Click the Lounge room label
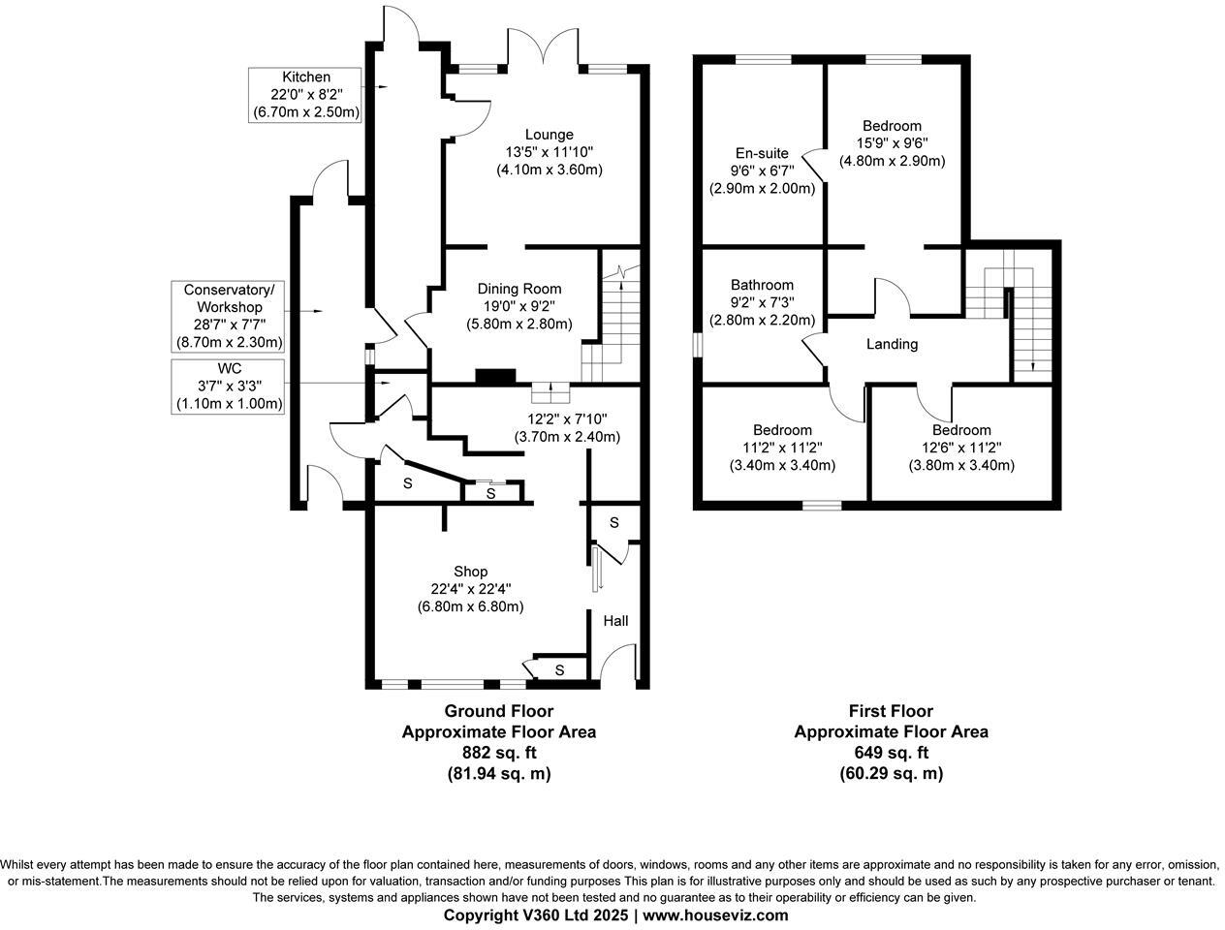[549, 135]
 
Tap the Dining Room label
[518, 289]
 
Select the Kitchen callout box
[305, 94]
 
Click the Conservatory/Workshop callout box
[228, 316]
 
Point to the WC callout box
[229, 386]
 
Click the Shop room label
[470, 572]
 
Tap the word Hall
[616, 620]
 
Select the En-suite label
[762, 153]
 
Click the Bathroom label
[762, 285]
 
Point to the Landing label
[892, 344]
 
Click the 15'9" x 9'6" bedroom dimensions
[892, 143]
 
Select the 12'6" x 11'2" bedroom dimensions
[961, 448]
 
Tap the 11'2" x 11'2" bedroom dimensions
[782, 448]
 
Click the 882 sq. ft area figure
[498, 753]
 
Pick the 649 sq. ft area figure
[891, 753]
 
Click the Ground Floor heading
[498, 711]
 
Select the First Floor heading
[891, 711]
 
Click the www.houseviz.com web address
[715, 915]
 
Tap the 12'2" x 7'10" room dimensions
[567, 419]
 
